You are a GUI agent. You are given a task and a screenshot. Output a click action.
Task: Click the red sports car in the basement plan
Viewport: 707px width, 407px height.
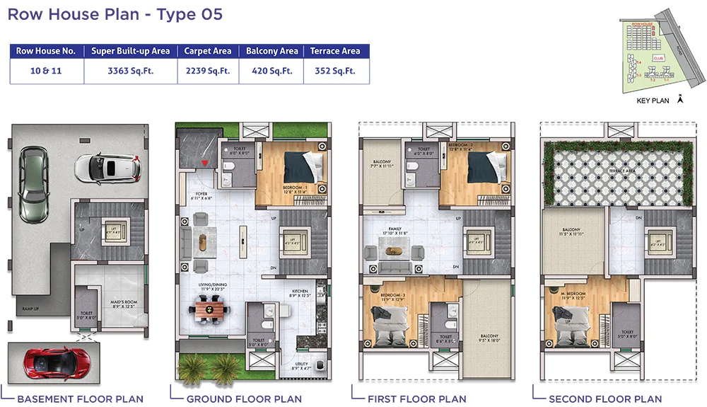[x=48, y=362]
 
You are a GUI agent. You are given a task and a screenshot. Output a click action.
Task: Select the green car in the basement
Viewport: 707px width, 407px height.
[x=32, y=183]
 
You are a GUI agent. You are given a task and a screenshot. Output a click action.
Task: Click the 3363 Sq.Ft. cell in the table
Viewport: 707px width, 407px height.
[x=129, y=71]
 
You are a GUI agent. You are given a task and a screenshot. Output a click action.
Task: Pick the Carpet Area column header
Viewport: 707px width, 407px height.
[x=207, y=51]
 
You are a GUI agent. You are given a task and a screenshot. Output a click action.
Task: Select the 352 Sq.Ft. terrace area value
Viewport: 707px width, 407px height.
[x=336, y=71]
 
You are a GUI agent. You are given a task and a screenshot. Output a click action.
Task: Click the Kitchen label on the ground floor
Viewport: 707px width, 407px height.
[x=301, y=292]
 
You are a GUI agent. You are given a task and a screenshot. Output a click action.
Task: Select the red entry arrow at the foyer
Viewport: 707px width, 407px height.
[x=206, y=164]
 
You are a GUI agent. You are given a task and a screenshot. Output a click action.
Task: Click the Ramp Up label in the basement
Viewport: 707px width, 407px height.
[x=31, y=309]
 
